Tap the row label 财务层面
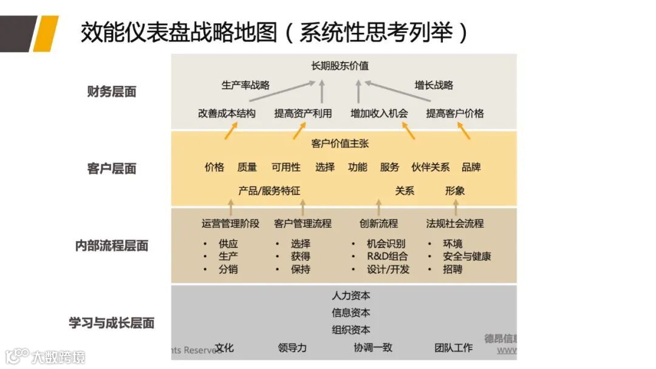pyautogui.click(x=112, y=92)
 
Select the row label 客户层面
pyautogui.click(x=112, y=168)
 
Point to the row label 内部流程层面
pyautogui.click(x=112, y=246)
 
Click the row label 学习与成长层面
pyautogui.click(x=112, y=323)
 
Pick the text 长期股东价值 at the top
pyautogui.click(x=340, y=66)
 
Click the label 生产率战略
pyautogui.click(x=245, y=85)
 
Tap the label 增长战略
pyautogui.click(x=434, y=85)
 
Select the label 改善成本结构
pyautogui.click(x=227, y=113)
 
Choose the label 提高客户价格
pyautogui.click(x=454, y=113)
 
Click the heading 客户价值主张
pyautogui.click(x=340, y=144)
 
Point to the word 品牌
pyautogui.click(x=471, y=167)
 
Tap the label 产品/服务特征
pyautogui.click(x=269, y=191)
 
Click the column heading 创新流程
pyautogui.click(x=378, y=224)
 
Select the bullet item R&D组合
pyautogui.click(x=388, y=257)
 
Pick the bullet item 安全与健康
pyautogui.click(x=466, y=257)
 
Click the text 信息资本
pyautogui.click(x=350, y=313)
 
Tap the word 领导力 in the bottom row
pyautogui.click(x=292, y=348)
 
